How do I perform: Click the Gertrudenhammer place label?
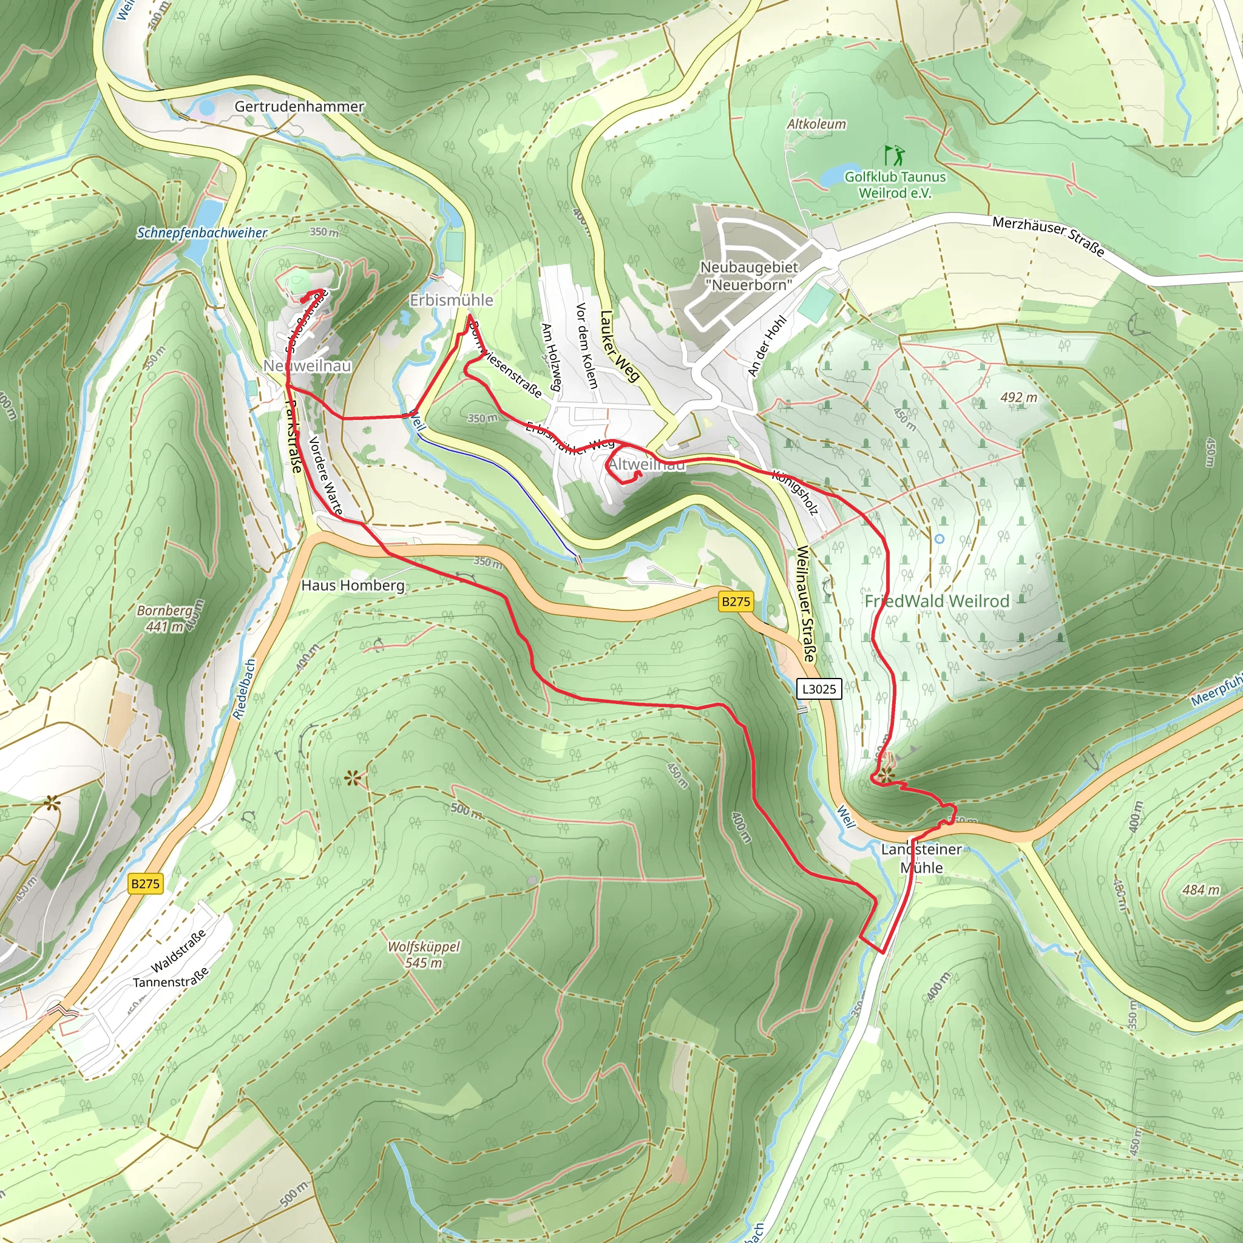coord(299,106)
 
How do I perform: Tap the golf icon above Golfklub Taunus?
coord(894,155)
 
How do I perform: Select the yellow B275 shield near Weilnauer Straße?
coord(736,601)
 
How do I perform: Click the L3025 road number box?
coord(818,689)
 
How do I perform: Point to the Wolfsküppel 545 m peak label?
coord(424,955)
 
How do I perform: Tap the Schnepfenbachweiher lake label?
coord(202,232)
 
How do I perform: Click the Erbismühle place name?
coord(451,300)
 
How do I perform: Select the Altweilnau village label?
coord(646,464)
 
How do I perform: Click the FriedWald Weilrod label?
coord(936,601)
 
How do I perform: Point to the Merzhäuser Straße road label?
coord(1048,236)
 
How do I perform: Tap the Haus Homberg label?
coord(353,586)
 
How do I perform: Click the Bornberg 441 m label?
coord(165,618)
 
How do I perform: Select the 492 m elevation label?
coord(1018,397)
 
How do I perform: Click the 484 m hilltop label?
coord(1201,889)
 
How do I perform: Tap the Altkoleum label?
coord(816,124)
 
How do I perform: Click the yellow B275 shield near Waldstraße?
coord(145,883)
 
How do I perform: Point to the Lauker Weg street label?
coord(619,346)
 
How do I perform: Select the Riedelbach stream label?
coord(244,689)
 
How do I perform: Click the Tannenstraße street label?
coord(171,977)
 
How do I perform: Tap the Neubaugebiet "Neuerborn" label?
coord(749,276)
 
